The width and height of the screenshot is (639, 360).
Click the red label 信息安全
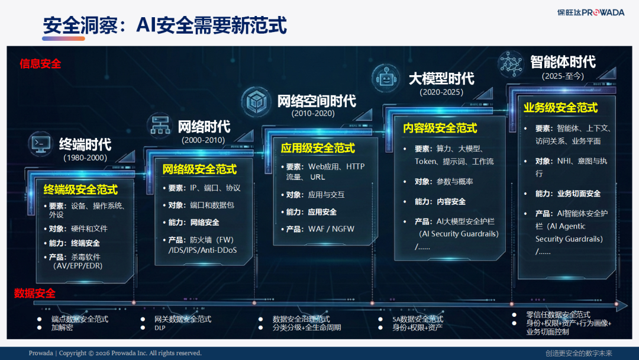40,63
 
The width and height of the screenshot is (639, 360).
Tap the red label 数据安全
35,293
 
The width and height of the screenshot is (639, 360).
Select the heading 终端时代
85,144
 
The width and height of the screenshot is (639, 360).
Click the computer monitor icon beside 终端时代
40,144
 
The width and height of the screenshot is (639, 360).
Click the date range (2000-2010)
204,140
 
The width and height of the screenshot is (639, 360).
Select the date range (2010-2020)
313,114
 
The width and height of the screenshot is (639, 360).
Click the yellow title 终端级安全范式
80,189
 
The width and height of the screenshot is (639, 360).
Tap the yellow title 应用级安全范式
318,148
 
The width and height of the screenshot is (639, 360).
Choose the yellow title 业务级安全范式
560,108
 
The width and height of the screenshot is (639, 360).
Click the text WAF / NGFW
331,229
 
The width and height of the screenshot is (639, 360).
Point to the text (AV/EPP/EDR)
78,266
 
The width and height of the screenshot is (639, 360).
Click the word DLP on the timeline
160,327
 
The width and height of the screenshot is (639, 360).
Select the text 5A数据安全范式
418,319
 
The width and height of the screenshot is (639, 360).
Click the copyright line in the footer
115,353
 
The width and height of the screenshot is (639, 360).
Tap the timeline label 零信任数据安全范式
559,314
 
